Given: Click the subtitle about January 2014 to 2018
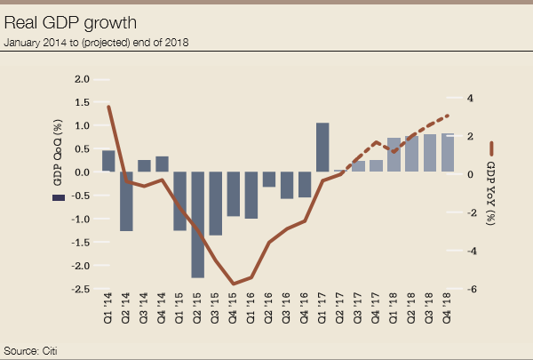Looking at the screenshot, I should tap(97, 42).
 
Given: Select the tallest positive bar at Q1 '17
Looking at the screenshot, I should tap(322, 148).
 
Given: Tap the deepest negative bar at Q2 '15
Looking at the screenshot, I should tap(197, 225).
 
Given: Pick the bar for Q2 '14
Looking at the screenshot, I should tap(126, 201).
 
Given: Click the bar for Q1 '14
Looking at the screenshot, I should tap(108, 161).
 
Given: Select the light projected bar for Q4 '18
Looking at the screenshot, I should tap(448, 153).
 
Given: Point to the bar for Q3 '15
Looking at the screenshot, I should tap(215, 204).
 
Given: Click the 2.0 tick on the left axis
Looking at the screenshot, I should tap(82, 79).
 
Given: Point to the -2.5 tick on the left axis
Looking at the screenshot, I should tap(80, 289).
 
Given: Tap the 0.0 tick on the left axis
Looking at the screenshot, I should tap(82, 172).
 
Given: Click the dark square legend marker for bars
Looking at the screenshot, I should tap(58, 196).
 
